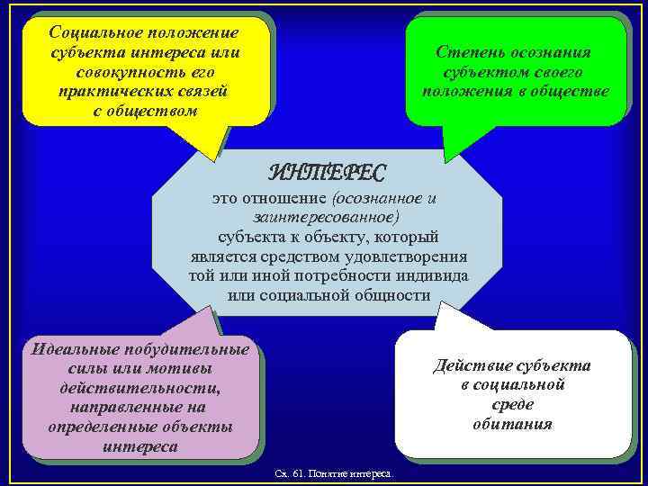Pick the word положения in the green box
coord(463,92)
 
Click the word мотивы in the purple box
coord(185,368)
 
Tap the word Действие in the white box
coord(471,365)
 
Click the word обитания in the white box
coord(512,423)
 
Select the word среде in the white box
coord(512,404)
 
